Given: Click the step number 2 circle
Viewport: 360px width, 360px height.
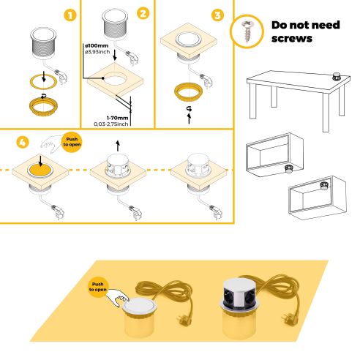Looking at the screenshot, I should click(x=143, y=15).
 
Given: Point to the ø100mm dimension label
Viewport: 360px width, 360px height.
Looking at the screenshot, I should click(x=97, y=45).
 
